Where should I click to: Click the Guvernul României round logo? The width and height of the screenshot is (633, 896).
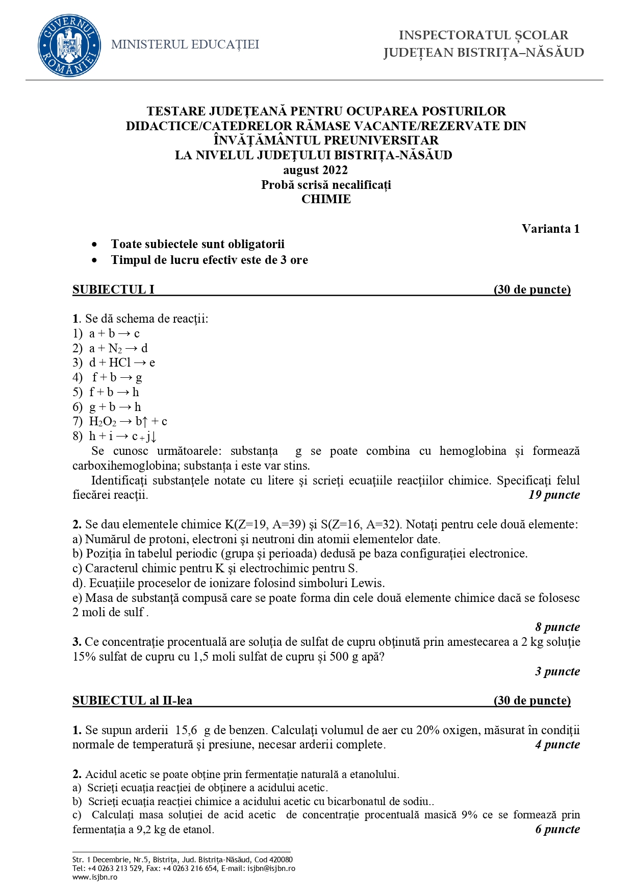pos(69,45)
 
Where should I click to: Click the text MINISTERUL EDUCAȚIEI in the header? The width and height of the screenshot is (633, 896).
pos(185,45)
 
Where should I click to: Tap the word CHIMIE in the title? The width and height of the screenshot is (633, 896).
pos(326,200)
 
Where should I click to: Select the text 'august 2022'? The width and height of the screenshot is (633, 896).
pos(315,171)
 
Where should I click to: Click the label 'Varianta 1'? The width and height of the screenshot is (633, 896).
pos(550,229)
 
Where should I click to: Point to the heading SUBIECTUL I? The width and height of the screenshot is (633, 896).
pos(113,290)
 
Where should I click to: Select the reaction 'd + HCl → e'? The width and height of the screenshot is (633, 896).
pos(122,362)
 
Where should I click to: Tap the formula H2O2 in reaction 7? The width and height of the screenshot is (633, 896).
pos(103,422)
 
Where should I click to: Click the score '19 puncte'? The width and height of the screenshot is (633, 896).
pos(554,495)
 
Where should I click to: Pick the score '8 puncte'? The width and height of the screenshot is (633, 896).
pos(557,627)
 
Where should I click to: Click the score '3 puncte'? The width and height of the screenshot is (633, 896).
pos(557,671)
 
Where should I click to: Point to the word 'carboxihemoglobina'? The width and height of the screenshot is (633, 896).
pos(126,466)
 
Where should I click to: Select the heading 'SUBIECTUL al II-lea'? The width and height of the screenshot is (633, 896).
pos(133,700)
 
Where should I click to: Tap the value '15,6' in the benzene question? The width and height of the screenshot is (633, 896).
pos(186,730)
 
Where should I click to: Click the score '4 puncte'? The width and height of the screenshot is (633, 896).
pos(557,744)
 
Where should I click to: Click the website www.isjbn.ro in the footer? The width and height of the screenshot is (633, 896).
pos(95,877)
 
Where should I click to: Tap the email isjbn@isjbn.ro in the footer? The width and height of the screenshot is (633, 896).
pos(271,868)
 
